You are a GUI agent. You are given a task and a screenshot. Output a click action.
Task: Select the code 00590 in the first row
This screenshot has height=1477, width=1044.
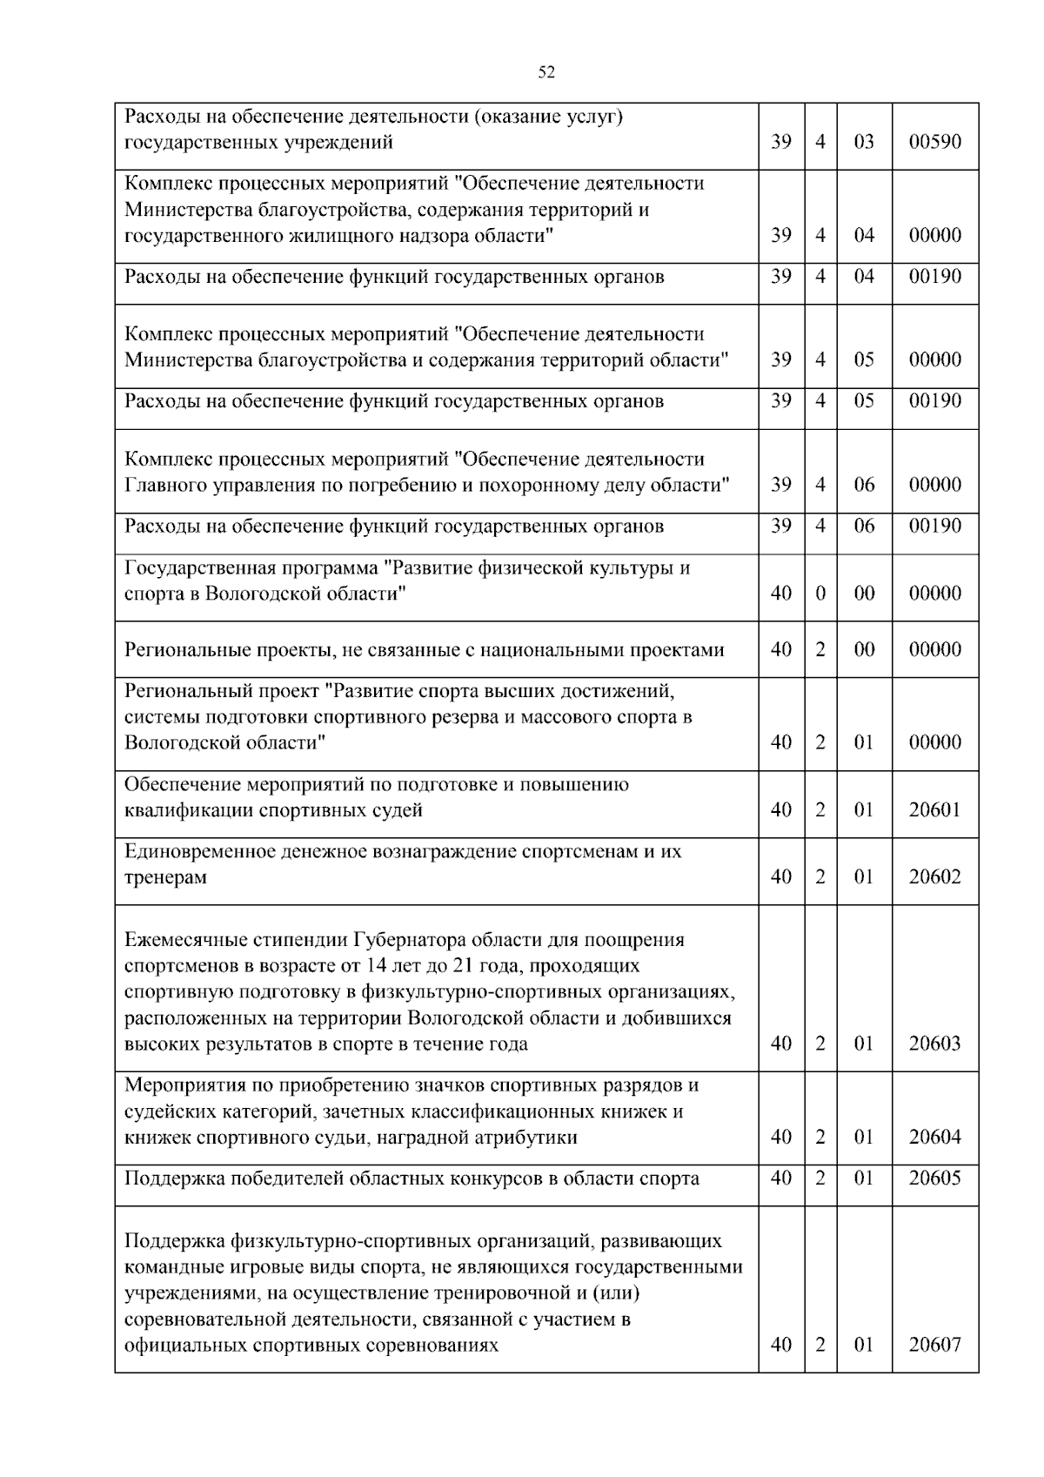point(934,142)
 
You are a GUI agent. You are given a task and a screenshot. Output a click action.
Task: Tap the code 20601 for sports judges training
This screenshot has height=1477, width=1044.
point(934,810)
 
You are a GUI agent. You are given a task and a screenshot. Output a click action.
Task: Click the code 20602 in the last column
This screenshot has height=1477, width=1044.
point(934,877)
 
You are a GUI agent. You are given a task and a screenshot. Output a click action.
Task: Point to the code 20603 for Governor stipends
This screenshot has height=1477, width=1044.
point(934,1044)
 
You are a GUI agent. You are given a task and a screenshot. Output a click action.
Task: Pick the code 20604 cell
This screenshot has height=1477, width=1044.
point(934,1138)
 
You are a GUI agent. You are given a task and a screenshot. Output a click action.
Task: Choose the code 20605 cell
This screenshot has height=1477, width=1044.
point(934,1178)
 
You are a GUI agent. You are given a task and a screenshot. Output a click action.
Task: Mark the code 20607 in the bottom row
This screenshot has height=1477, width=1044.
point(934,1345)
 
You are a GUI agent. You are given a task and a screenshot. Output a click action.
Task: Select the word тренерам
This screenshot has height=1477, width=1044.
point(165,877)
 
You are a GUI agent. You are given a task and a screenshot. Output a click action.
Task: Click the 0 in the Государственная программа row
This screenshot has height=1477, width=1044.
point(820,594)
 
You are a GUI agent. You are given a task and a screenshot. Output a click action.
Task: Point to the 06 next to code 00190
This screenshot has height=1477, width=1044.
point(864,526)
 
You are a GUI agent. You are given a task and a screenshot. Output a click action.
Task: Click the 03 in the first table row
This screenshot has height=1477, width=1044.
point(864,142)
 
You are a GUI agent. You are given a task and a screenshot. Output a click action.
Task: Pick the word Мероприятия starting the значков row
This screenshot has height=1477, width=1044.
point(182,1085)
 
